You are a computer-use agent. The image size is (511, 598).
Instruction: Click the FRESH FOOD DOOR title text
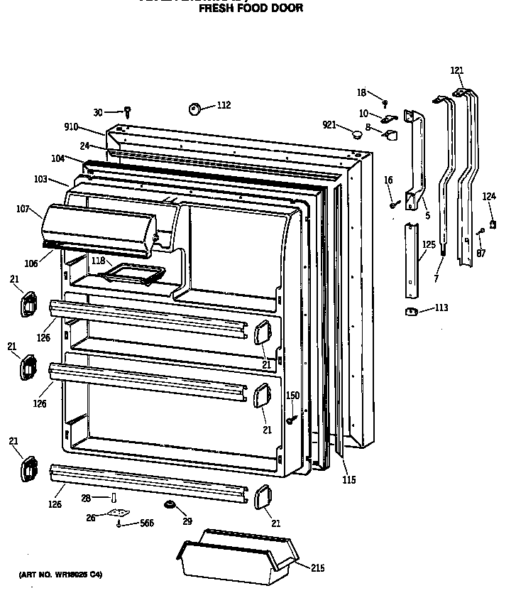(x=250, y=9)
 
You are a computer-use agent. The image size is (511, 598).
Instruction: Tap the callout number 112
(x=224, y=105)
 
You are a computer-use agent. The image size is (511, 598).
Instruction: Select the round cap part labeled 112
(x=194, y=108)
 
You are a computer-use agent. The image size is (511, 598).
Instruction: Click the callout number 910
(x=71, y=127)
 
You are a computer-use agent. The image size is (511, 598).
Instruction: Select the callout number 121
(x=457, y=70)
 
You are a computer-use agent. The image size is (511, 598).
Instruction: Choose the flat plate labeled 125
(x=410, y=261)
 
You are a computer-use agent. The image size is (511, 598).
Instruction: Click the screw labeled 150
(x=291, y=420)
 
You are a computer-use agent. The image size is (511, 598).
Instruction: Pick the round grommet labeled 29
(x=170, y=504)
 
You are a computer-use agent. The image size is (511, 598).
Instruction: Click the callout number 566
(x=146, y=523)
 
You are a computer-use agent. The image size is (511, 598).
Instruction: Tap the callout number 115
(x=348, y=480)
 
